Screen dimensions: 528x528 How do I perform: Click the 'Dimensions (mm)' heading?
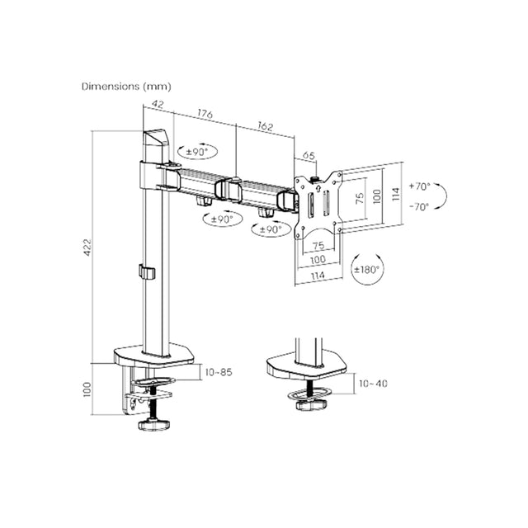click(x=126, y=87)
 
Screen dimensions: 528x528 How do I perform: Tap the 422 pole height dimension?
click(x=87, y=247)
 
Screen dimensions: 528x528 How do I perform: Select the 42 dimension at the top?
click(x=158, y=104)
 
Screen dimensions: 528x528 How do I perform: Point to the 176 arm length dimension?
click(x=205, y=114)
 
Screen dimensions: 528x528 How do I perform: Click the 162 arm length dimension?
click(x=265, y=126)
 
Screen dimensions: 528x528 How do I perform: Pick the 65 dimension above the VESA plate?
click(x=309, y=156)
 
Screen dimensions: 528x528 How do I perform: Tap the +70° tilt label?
click(x=420, y=186)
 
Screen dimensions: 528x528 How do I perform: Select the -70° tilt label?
click(x=419, y=206)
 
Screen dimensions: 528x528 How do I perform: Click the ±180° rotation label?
click(x=366, y=270)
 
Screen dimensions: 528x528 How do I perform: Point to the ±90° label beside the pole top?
click(x=198, y=152)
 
